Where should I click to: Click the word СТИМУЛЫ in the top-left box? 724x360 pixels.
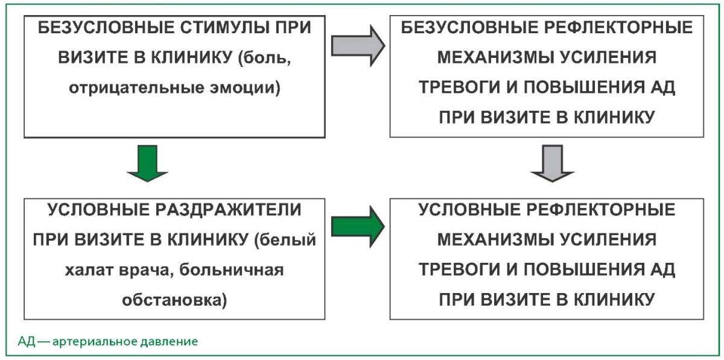tap(224, 28)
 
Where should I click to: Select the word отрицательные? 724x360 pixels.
tap(136, 88)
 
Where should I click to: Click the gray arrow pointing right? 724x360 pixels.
tap(358, 46)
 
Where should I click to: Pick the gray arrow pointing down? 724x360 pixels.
tap(553, 163)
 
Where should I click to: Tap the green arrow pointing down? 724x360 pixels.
tap(147, 163)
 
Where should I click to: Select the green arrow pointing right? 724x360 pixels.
tap(358, 227)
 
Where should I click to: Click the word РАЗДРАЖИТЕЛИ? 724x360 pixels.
tap(228, 210)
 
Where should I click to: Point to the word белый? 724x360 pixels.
tap(285, 240)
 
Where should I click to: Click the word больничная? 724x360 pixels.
tap(232, 270)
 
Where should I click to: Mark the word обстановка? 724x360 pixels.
tap(174, 300)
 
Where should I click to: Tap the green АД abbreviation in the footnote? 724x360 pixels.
tap(27, 341)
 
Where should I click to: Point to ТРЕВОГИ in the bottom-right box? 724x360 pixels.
tap(460, 270)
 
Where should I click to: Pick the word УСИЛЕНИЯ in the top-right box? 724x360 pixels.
tap(608, 58)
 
